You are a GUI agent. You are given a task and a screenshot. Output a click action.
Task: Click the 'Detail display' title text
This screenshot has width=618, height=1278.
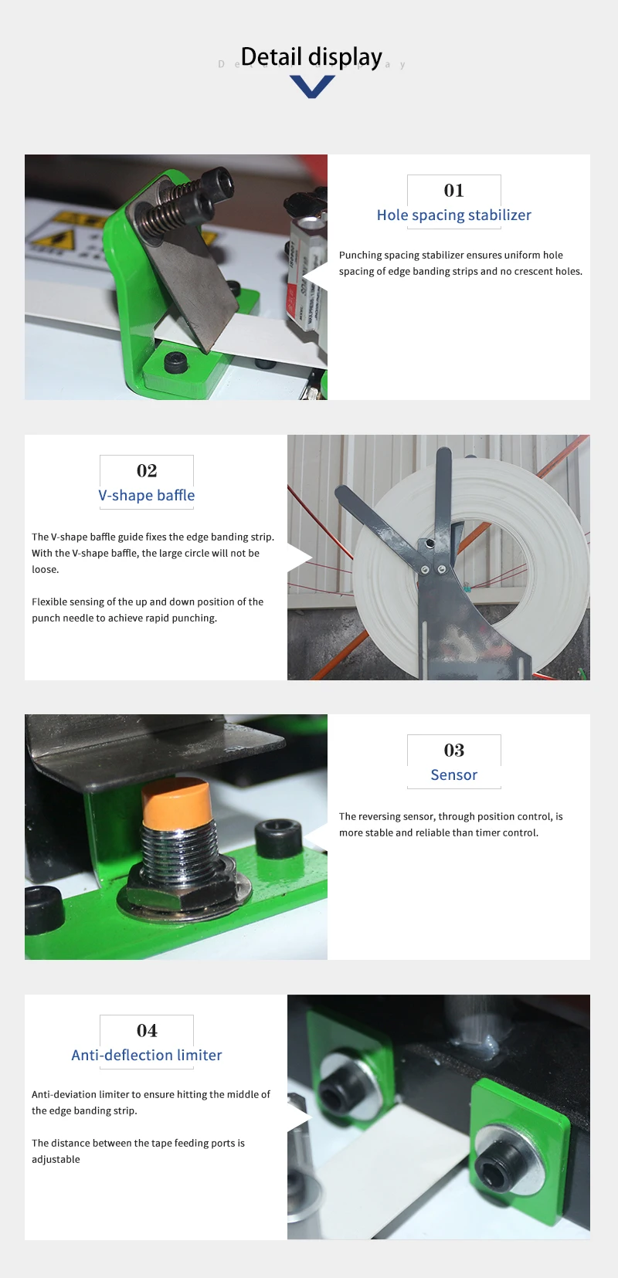point(311,57)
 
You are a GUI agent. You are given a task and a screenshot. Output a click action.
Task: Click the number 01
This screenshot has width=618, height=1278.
point(453,191)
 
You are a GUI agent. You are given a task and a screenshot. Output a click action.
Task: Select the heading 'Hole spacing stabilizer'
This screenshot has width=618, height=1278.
point(453,215)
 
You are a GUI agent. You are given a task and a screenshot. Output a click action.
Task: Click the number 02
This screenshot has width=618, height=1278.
point(147,471)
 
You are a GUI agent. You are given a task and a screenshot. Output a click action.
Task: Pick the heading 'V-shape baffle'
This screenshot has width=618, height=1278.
point(147,496)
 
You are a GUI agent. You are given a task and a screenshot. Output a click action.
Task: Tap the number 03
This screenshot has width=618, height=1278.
point(453,751)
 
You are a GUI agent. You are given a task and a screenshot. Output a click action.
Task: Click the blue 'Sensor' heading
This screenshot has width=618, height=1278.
point(453,775)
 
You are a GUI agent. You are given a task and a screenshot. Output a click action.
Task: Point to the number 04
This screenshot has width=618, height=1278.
point(147,1031)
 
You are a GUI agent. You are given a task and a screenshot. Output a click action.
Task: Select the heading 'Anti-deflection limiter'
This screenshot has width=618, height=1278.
point(147,1056)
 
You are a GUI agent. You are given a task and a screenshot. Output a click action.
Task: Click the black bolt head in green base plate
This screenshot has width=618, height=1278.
point(176,361)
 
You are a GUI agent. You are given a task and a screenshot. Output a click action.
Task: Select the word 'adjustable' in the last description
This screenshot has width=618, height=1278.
point(56,1160)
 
